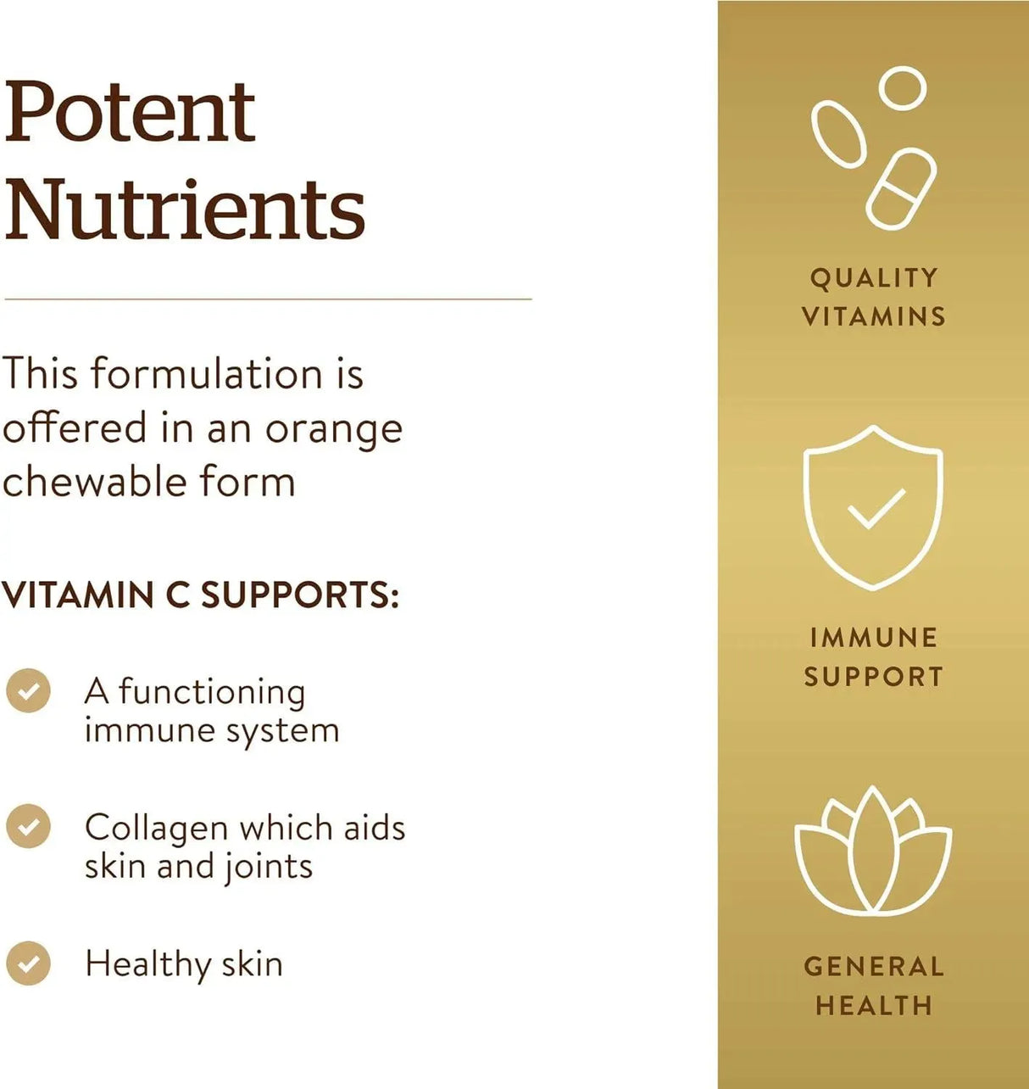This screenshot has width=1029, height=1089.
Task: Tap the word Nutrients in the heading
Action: pyautogui.click(x=185, y=209)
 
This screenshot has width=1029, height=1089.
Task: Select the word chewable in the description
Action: pyautogui.click(x=95, y=480)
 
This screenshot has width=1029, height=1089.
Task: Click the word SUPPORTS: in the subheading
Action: pyautogui.click(x=299, y=595)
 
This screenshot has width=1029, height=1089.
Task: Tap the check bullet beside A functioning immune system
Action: pyautogui.click(x=28, y=690)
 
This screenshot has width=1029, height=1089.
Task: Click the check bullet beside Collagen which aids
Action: pyautogui.click(x=28, y=827)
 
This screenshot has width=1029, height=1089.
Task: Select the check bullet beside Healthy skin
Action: pyautogui.click(x=28, y=963)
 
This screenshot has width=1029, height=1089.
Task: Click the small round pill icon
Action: pyautogui.click(x=903, y=88)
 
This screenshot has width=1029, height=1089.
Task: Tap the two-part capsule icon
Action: pyautogui.click(x=901, y=189)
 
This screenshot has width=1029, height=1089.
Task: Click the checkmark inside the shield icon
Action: pyautogui.click(x=876, y=508)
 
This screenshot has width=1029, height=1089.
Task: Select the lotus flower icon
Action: pyautogui.click(x=873, y=849)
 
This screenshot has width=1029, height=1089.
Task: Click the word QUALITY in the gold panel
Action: pyautogui.click(x=874, y=278)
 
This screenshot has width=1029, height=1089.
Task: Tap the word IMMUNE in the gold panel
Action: pyautogui.click(x=873, y=638)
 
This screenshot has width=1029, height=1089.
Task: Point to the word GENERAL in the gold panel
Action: pyautogui.click(x=874, y=968)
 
